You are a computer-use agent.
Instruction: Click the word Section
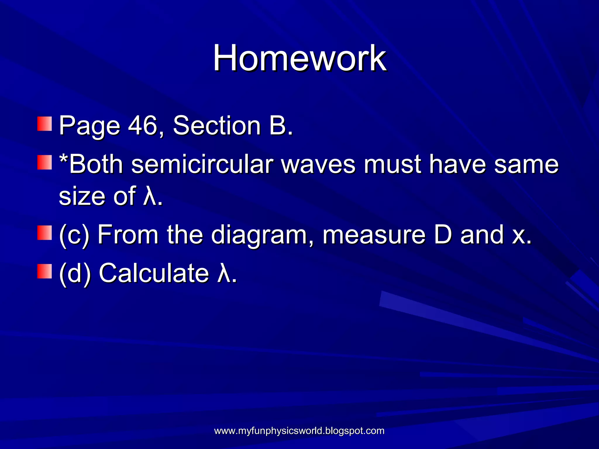tap(217, 125)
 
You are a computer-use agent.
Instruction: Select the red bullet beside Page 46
tap(44, 124)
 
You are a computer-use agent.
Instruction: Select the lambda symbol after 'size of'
tap(149, 196)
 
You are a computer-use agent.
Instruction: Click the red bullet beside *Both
tap(44, 163)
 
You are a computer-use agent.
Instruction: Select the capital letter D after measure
tap(443, 234)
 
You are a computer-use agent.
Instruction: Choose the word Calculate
tap(154, 273)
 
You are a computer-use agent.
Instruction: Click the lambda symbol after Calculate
tap(223, 273)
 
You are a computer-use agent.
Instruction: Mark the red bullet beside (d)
tap(44, 271)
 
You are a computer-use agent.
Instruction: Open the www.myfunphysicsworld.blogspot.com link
tap(299, 431)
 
